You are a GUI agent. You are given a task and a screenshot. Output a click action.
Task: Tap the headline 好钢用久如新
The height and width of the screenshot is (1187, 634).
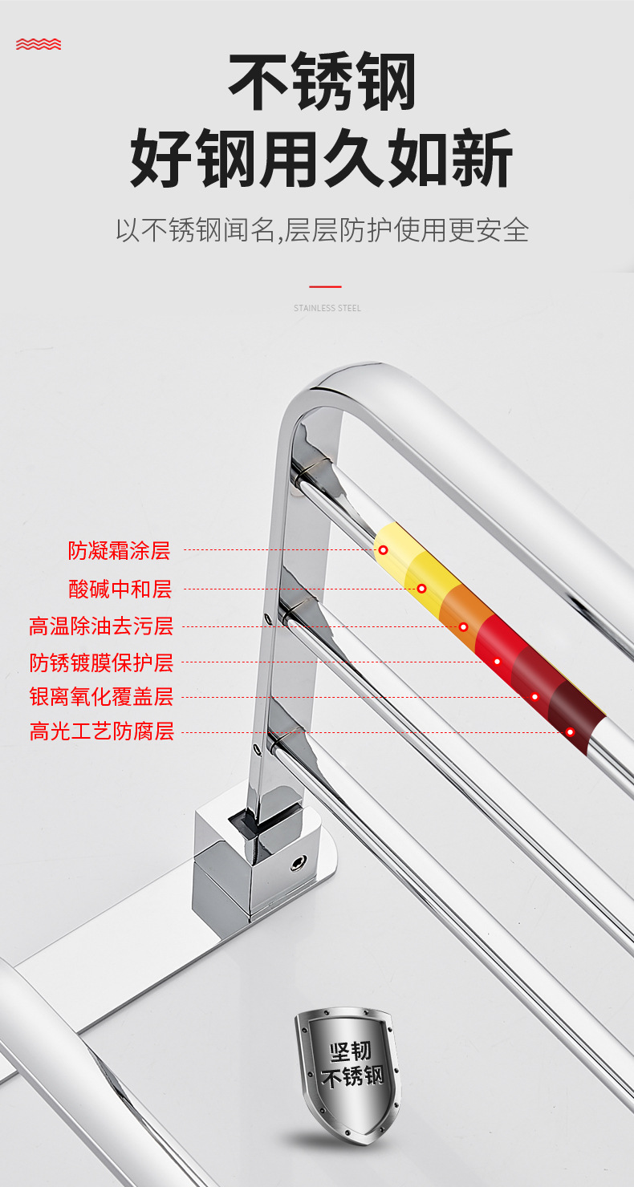click(321, 158)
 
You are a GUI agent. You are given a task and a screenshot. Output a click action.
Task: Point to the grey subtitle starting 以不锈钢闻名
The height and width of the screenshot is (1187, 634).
click(322, 230)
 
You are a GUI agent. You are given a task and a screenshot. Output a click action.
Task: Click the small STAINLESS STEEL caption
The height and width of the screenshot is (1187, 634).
click(327, 308)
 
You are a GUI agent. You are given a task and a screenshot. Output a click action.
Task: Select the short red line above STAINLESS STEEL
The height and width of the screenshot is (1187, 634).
click(325, 286)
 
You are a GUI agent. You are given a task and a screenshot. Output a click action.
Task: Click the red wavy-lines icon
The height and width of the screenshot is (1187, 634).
click(39, 44)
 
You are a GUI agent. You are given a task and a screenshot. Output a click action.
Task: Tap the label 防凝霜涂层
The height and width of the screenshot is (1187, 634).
click(119, 550)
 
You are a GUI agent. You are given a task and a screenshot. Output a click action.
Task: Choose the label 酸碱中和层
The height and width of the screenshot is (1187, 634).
click(120, 589)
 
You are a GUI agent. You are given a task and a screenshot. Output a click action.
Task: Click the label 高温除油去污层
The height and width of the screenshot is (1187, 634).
click(101, 626)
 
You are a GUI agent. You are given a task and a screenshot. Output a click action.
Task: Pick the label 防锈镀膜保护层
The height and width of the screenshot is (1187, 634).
click(101, 662)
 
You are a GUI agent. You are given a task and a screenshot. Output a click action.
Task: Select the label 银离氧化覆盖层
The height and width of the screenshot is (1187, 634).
click(101, 697)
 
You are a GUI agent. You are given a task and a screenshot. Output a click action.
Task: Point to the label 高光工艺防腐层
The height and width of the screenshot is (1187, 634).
click(101, 731)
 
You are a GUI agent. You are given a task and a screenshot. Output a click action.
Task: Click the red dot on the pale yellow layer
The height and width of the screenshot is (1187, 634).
click(384, 550)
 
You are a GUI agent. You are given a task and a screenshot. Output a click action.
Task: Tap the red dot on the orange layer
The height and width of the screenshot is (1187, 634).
click(463, 626)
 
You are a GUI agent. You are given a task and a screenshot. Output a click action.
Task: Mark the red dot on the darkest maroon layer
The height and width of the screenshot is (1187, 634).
click(570, 731)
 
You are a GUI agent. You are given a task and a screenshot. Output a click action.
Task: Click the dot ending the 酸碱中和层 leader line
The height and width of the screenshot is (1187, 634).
click(421, 589)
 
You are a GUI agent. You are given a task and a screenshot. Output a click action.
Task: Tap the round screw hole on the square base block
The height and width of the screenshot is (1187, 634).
click(299, 864)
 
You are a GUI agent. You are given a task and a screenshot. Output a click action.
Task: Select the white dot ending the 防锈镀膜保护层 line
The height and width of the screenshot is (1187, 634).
click(497, 662)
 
